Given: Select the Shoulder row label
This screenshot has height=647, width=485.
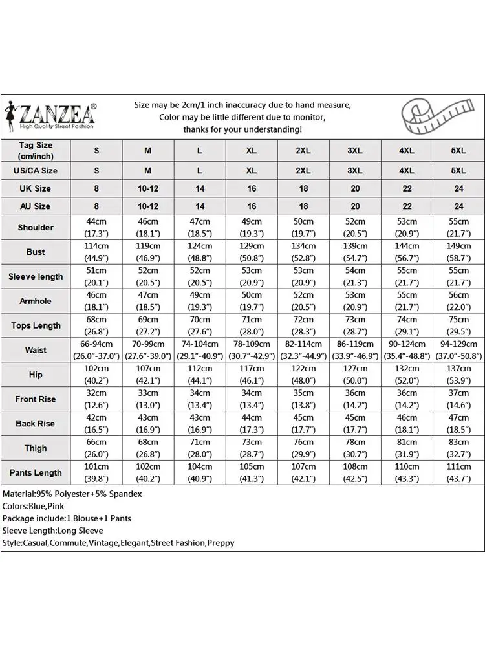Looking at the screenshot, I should click(x=36, y=227).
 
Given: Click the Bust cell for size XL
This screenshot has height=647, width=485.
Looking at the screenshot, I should click(x=252, y=252).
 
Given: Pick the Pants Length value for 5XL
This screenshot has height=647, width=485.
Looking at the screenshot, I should click(x=458, y=472).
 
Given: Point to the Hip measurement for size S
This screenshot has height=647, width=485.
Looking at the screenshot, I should click(x=96, y=375).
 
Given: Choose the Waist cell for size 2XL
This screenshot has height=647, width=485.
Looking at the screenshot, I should click(x=303, y=350).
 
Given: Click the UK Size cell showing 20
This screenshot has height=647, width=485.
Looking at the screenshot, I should click(x=355, y=188).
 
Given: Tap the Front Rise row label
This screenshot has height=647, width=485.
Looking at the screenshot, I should click(x=36, y=399).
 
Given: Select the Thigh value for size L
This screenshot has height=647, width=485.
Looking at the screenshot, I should click(x=200, y=448).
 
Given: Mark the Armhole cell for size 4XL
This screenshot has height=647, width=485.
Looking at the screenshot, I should click(x=407, y=301).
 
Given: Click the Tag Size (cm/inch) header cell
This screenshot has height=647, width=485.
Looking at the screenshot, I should click(x=36, y=151).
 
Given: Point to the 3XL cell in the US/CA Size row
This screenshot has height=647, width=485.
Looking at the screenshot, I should click(x=355, y=171).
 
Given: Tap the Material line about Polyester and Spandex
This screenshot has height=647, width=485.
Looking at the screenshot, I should click(x=72, y=494).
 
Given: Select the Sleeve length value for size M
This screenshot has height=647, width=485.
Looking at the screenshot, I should click(x=148, y=276).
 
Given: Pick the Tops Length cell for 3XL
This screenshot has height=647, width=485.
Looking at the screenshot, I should click(x=355, y=325).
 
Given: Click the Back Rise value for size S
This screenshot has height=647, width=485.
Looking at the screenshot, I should click(x=96, y=423).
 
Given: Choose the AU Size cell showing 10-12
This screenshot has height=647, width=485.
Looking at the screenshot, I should click(x=148, y=206).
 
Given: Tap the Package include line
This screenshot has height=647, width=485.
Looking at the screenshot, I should click(x=66, y=518).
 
